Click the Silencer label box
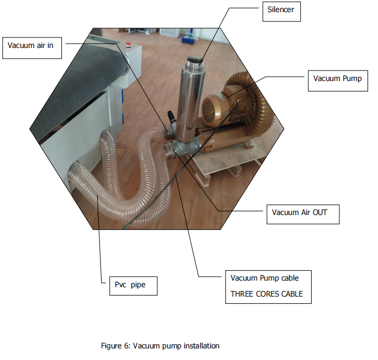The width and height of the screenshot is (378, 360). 281,12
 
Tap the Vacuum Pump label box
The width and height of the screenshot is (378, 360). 338,80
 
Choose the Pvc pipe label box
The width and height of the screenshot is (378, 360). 134,286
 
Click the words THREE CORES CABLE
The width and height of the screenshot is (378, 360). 267,294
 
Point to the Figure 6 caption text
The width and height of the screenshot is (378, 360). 160,346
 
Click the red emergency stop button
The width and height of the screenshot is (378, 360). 127,44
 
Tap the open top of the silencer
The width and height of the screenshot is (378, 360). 195,60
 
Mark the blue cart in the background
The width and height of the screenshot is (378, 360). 189,37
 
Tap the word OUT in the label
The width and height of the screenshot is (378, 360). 320,212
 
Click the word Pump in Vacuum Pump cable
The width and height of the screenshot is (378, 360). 270,278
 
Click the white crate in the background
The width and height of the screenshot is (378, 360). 170,33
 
